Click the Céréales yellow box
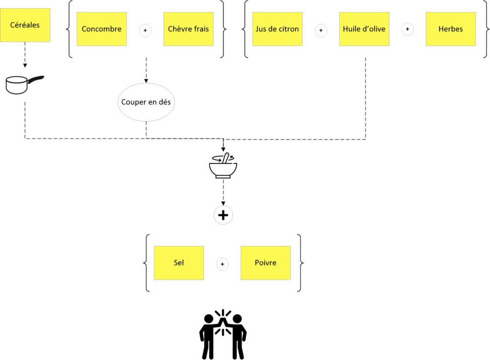click(x=25, y=25)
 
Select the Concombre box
click(x=101, y=29)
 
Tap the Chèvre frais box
click(x=189, y=29)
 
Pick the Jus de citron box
click(x=277, y=29)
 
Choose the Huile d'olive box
click(x=364, y=29)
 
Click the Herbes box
click(x=451, y=29)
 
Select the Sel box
click(x=179, y=263)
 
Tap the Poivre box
click(x=266, y=263)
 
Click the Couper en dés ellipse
click(x=146, y=102)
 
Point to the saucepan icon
click(x=24, y=85)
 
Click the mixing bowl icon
click(x=223, y=165)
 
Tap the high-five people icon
click(x=223, y=334)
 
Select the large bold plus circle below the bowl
click(x=223, y=215)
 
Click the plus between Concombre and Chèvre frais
click(x=145, y=30)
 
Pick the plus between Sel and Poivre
click(x=222, y=264)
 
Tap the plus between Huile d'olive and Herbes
click(x=408, y=29)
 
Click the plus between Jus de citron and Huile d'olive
click(x=321, y=30)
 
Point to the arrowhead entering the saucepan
click(x=25, y=65)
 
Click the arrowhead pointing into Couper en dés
click(x=146, y=81)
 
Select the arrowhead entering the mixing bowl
click(x=223, y=150)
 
